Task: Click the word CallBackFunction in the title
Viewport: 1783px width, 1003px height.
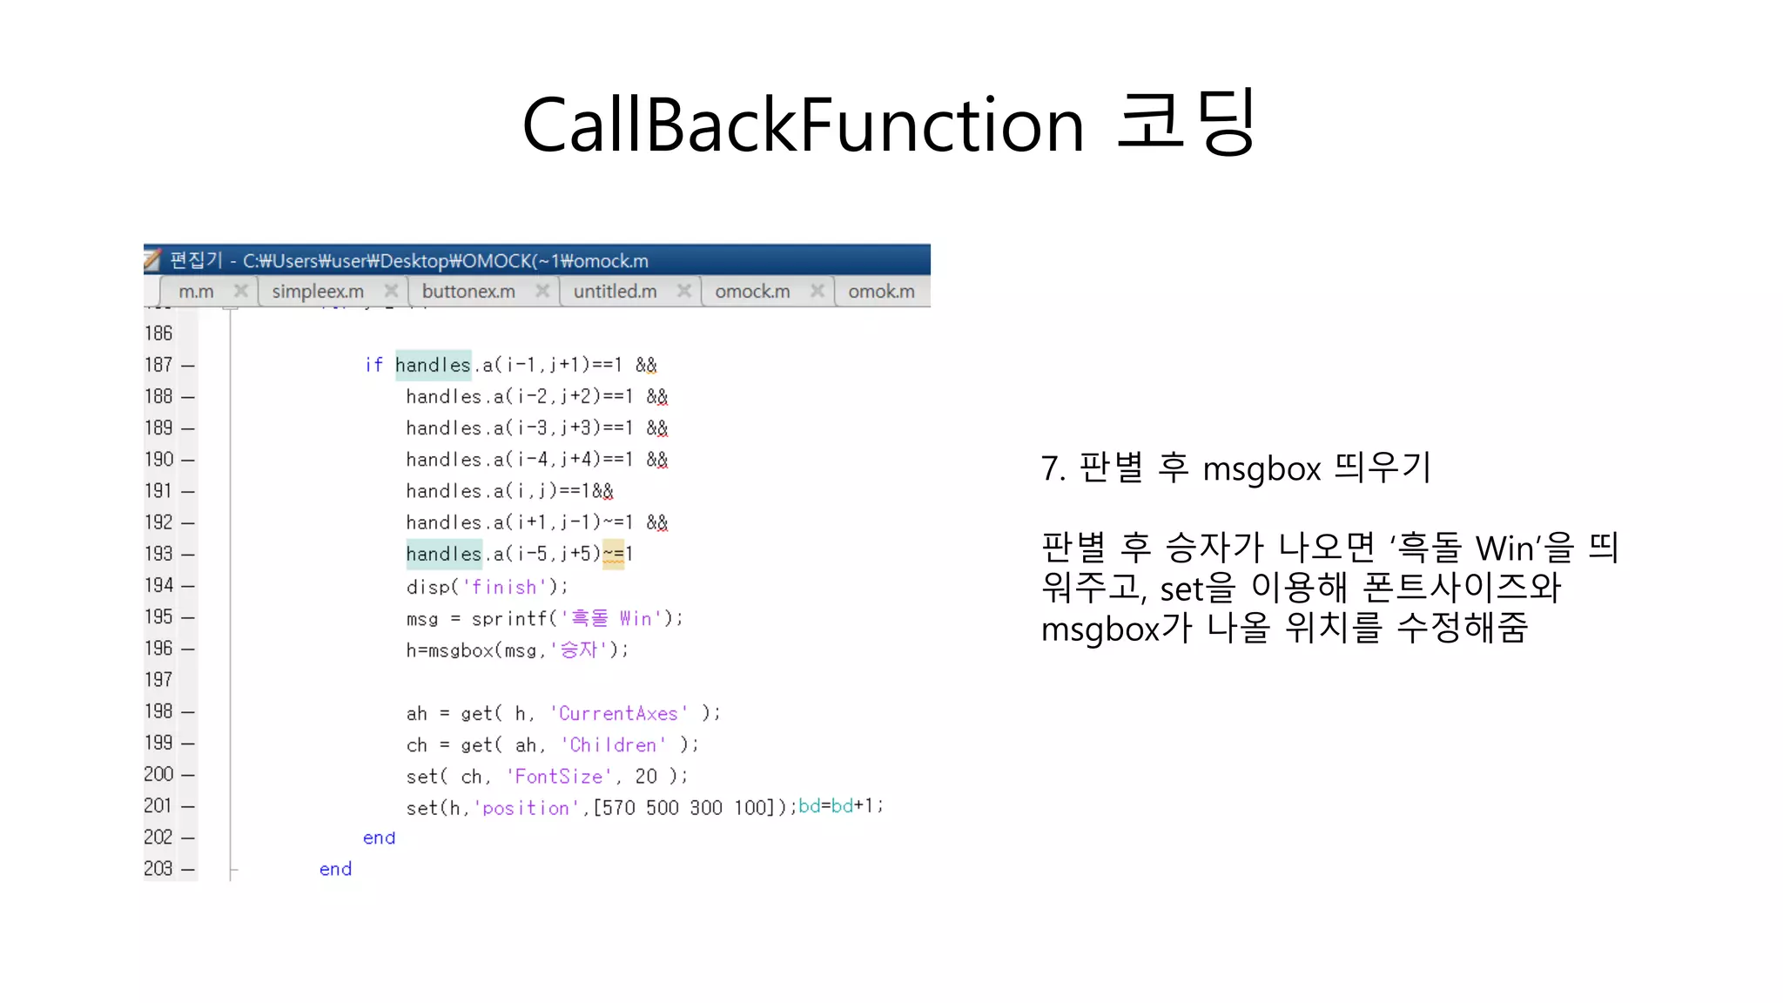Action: coord(802,125)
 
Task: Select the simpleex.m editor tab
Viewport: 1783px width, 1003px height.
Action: coord(318,291)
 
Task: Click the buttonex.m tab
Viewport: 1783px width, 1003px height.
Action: coord(468,291)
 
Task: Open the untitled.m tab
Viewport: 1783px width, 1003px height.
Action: coord(615,291)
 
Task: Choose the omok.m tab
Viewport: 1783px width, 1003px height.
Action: coord(881,291)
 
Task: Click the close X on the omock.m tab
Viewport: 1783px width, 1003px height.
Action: coord(817,291)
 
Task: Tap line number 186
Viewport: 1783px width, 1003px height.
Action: coord(158,333)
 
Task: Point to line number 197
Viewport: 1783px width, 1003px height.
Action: coord(158,680)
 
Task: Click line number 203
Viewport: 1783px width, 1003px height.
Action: coord(158,869)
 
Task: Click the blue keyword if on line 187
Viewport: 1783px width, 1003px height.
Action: coord(373,365)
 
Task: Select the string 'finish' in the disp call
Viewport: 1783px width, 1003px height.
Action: coord(503,587)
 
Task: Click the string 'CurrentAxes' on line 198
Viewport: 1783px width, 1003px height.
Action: coord(618,713)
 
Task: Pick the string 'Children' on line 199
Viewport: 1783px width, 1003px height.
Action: coord(613,745)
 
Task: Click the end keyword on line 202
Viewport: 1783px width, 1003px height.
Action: coord(379,838)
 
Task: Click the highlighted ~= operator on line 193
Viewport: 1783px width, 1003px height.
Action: coord(613,554)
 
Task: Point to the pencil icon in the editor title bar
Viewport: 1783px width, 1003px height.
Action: coord(153,259)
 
